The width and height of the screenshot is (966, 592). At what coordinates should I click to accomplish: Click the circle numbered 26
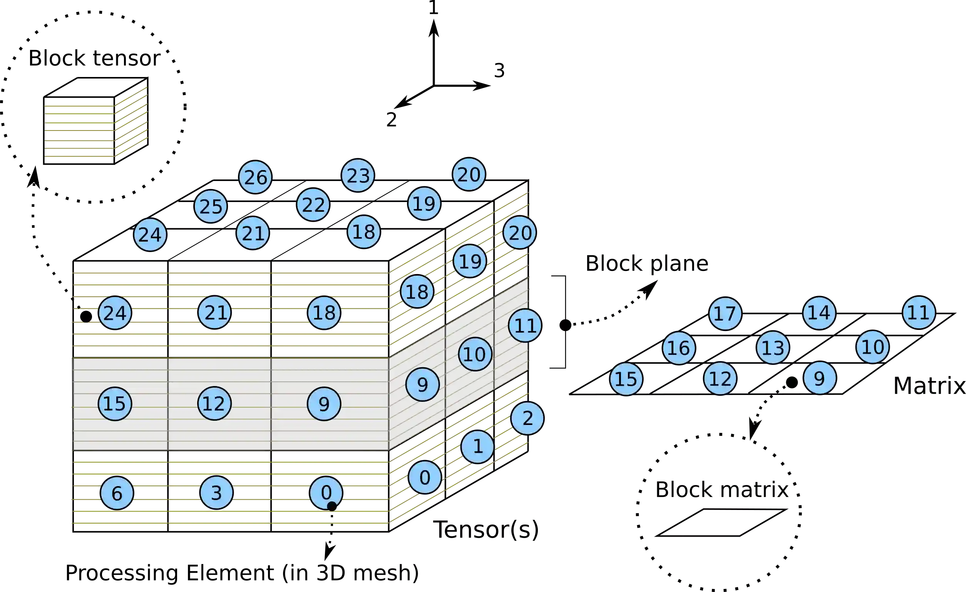click(255, 177)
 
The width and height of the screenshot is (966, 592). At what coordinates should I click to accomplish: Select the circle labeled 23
click(358, 175)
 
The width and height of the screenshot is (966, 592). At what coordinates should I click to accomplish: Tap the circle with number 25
click(211, 206)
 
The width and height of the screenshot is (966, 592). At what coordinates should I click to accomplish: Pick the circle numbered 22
click(313, 205)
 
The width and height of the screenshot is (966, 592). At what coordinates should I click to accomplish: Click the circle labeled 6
click(117, 493)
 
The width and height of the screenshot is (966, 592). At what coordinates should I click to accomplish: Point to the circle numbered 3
click(216, 492)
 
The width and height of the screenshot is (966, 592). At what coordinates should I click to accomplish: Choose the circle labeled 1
click(477, 447)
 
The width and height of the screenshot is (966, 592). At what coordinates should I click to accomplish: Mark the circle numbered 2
click(527, 418)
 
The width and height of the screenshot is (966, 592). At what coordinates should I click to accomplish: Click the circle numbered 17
click(725, 313)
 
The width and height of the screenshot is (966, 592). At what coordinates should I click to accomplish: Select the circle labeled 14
click(819, 313)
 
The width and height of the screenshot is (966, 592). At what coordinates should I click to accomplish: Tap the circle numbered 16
click(679, 348)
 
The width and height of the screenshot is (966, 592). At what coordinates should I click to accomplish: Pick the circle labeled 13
click(773, 347)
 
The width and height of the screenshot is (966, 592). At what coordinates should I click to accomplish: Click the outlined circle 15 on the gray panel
click(114, 403)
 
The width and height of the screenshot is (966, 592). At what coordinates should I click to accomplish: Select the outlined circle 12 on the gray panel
click(214, 403)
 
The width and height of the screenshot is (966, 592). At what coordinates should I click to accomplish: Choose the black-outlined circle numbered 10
click(475, 354)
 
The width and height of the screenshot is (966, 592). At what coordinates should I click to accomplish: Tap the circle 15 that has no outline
click(626, 379)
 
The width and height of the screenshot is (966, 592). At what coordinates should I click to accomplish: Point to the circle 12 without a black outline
click(720, 378)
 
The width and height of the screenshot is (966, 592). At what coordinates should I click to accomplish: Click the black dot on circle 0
click(331, 506)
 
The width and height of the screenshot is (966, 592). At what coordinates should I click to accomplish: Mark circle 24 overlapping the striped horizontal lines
click(115, 313)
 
